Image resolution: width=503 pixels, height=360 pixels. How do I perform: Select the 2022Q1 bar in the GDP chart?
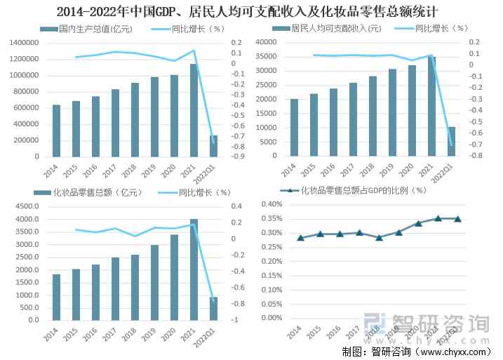[213, 146]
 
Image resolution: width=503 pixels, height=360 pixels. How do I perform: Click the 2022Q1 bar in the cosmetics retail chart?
[213, 308]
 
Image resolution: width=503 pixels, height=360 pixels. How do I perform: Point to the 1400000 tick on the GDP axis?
[25, 43]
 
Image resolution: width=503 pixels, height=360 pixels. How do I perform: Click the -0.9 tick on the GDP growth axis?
[238, 157]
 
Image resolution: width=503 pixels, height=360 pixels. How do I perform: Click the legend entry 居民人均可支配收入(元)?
[335, 29]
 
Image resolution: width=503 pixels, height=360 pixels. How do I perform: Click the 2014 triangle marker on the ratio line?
[300, 238]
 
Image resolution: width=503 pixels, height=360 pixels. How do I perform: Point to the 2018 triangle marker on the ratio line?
[379, 238]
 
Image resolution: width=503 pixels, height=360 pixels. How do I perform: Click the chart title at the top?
[251, 11]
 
